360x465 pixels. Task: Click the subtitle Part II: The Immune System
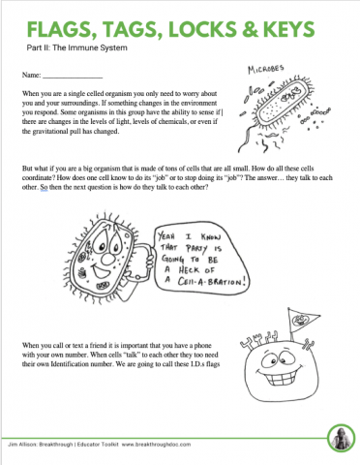[x=71, y=46]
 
